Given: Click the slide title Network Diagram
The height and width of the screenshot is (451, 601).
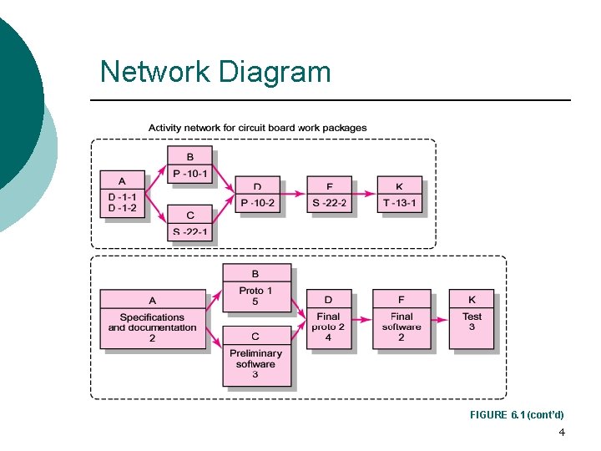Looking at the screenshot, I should (215, 72).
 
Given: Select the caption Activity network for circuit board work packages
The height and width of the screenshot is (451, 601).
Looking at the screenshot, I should (257, 128).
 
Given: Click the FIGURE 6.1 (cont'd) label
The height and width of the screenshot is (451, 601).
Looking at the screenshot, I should (517, 415).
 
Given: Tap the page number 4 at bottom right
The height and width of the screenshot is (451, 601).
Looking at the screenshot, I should (562, 433).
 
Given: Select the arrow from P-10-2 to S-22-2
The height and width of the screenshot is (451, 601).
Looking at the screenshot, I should (293, 195).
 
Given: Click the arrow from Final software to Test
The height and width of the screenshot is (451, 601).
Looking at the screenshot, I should (440, 319).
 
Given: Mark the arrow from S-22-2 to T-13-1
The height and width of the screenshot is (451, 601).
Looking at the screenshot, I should (365, 195).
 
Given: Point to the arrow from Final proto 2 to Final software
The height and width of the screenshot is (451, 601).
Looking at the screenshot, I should (361, 319).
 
